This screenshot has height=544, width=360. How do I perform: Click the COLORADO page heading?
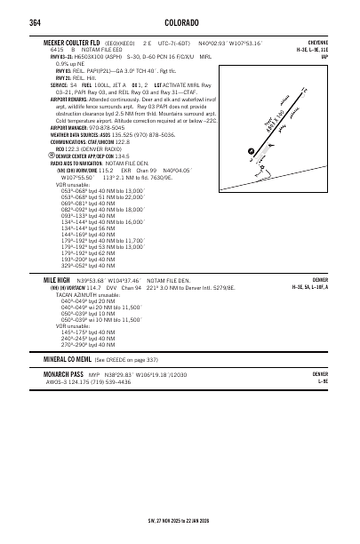180,21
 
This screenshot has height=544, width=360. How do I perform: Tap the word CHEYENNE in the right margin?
316,42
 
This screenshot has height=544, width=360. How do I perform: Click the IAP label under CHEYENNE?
324,55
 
